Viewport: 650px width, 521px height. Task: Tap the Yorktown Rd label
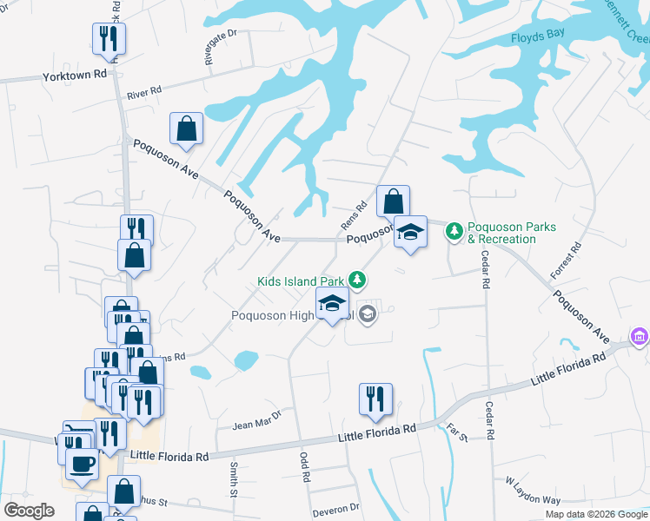pos(75,76)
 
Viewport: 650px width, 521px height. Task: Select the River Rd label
pos(144,91)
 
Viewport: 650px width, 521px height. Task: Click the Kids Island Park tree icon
pos(356,279)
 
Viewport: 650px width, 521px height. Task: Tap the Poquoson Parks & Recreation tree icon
pos(453,231)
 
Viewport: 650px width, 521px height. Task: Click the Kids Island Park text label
pos(301,281)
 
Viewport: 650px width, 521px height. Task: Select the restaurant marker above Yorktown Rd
pos(109,38)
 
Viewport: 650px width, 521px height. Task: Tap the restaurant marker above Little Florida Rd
pos(375,399)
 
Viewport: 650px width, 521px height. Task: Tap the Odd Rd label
pos(305,466)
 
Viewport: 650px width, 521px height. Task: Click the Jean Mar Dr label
pos(257,421)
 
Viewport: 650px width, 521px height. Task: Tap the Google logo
pos(29,511)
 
